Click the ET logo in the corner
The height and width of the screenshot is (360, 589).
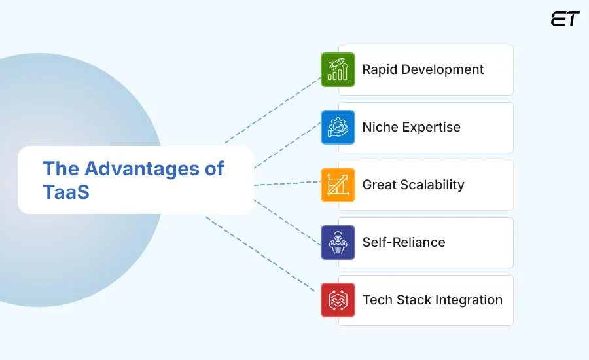(565, 19)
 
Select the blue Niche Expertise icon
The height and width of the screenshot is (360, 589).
(338, 128)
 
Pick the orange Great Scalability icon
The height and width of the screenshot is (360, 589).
(338, 185)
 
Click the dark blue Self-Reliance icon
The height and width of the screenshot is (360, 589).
(338, 243)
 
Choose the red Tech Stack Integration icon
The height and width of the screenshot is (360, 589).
(338, 300)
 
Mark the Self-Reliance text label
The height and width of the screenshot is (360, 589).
(404, 243)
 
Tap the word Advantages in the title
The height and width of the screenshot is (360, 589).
(135, 169)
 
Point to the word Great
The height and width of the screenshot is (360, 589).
(379, 185)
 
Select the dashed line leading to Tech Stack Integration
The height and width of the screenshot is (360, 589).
(262, 255)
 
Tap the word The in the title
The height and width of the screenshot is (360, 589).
(60, 169)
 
